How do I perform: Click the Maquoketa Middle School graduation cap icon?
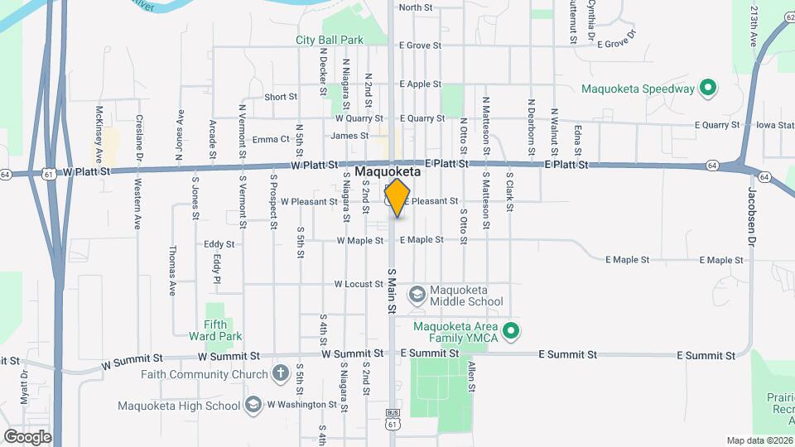(418, 294)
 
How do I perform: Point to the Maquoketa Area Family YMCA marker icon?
(511, 333)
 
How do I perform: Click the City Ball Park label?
(330, 40)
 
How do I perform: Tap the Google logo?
(27, 436)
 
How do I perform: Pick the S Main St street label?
(391, 290)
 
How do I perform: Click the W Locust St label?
(359, 284)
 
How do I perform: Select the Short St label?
(281, 97)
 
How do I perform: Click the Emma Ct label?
(271, 139)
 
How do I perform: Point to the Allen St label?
(471, 376)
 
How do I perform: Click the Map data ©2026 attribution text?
(759, 440)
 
